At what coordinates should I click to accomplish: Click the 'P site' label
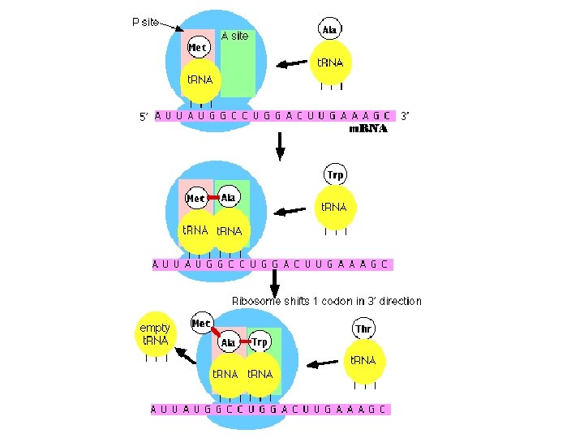(145, 22)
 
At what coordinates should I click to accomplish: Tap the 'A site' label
(235, 36)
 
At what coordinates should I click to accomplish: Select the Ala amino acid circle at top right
(330, 30)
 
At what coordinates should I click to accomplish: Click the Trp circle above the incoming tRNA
(334, 175)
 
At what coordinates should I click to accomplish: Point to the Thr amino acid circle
(363, 328)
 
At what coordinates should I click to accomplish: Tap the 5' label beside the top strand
(144, 116)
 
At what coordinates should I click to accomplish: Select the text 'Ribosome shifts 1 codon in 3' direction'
(327, 301)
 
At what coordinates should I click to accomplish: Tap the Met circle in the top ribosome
(198, 47)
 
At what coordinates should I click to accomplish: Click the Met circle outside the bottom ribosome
(202, 324)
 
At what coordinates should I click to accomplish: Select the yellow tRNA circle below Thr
(363, 361)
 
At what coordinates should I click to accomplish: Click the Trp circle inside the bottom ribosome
(260, 342)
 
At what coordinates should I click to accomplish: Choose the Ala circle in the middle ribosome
(228, 197)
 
